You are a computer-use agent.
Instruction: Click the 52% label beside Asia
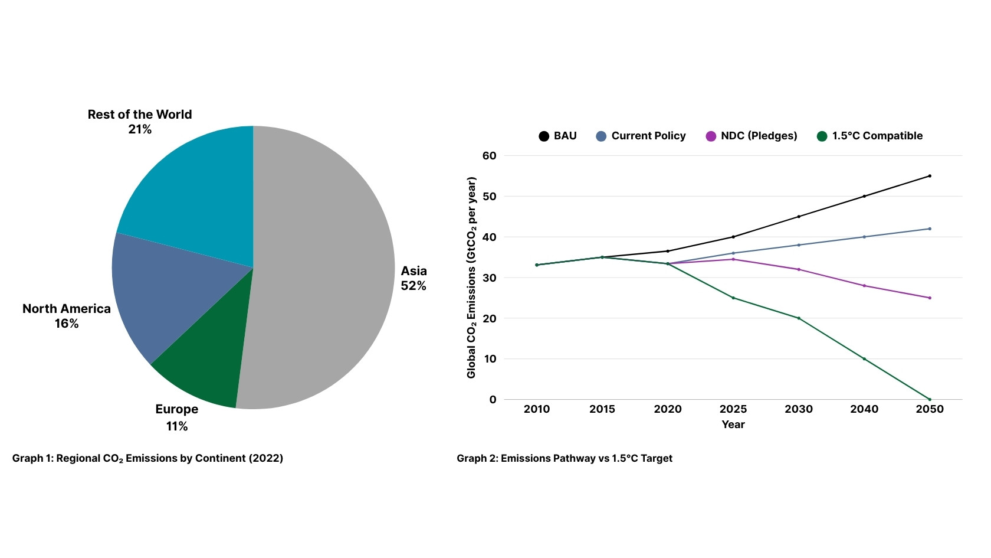point(413,286)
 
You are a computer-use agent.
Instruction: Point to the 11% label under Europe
point(176,426)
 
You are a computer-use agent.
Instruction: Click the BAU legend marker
point(544,136)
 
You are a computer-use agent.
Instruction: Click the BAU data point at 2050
point(930,176)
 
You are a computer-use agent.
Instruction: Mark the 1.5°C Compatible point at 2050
point(930,399)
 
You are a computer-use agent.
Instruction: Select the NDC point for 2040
point(864,286)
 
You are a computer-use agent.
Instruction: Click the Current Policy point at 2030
point(799,245)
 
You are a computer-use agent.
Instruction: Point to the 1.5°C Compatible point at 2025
point(733,298)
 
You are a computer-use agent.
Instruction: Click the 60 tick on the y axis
point(490,156)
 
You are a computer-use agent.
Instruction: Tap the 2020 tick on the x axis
point(668,409)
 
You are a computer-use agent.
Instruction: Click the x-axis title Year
point(733,425)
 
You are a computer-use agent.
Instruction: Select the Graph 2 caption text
point(564,458)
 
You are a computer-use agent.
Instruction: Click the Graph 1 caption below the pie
point(147,458)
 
